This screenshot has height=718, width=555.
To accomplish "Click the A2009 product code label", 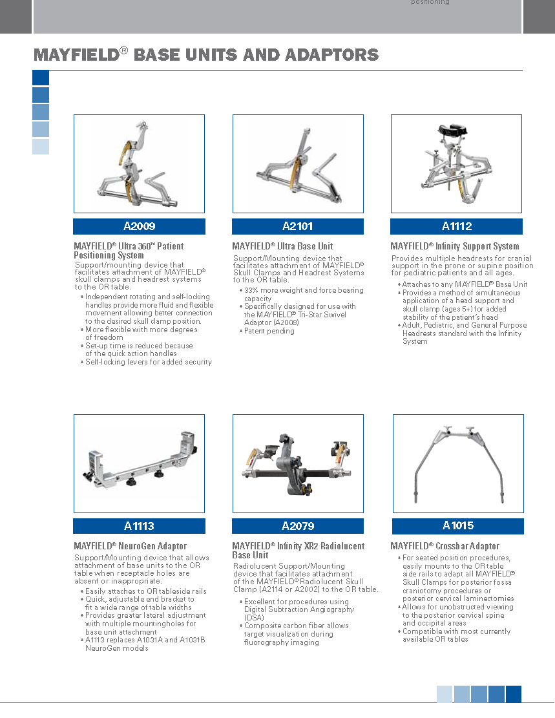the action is point(139,226).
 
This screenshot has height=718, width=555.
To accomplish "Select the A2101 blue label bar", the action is point(298,226).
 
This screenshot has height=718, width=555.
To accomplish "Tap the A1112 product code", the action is point(457,226).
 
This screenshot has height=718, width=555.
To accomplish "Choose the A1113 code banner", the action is point(139,526).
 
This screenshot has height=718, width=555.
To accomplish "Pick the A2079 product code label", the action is point(298,526).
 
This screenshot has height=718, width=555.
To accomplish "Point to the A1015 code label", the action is point(458,525).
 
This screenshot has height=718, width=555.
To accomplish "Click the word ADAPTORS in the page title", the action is point(332,55).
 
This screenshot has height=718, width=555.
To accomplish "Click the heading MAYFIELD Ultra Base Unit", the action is point(282,246).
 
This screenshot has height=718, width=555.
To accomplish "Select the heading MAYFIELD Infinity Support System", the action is point(455,246).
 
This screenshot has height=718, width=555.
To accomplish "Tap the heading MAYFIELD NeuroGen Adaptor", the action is point(130,546).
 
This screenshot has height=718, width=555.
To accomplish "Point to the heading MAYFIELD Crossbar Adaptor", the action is point(445,546).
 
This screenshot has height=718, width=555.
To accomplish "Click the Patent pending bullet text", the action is point(269,331).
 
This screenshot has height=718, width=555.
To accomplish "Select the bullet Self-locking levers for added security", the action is point(149,362).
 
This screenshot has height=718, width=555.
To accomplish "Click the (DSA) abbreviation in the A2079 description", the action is point(254,618).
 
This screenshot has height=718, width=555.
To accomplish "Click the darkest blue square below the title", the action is point(41,78).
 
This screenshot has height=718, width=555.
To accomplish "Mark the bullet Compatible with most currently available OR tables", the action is point(456,635).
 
